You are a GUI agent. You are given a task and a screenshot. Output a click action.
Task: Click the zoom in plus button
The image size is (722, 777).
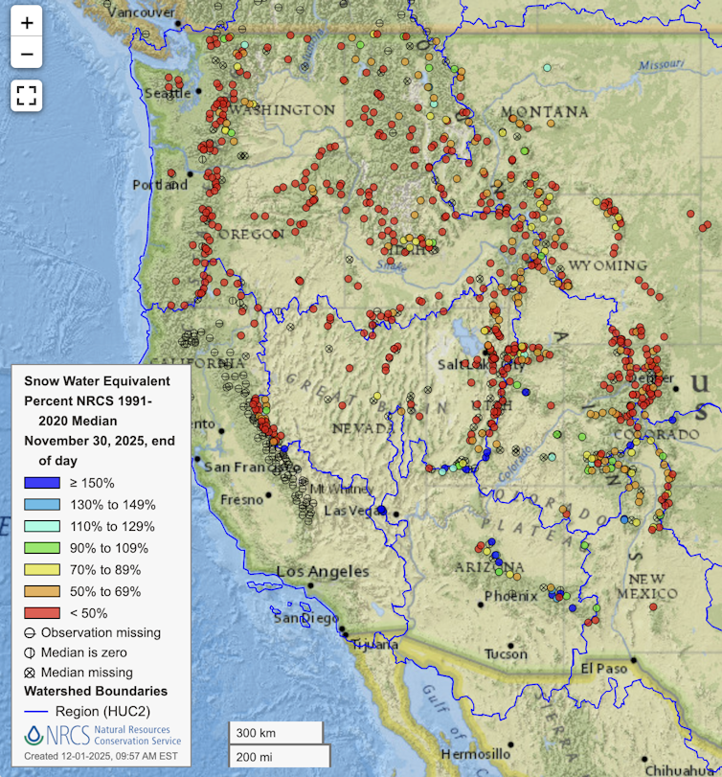coord(27,22)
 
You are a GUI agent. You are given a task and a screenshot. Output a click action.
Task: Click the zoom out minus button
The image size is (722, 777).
coord(27,54)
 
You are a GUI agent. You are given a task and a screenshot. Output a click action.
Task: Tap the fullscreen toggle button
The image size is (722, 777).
coord(27,94)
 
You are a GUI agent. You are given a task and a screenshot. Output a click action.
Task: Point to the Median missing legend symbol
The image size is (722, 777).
coord(31,672)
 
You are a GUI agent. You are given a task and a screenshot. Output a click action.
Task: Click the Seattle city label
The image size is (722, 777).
coord(168,93)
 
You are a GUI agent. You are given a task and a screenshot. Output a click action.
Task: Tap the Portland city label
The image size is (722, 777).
coord(160,184)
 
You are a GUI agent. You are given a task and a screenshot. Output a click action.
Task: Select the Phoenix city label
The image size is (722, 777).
coord(510,596)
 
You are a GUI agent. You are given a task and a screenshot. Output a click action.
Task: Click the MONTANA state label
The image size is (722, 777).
coord(544,112)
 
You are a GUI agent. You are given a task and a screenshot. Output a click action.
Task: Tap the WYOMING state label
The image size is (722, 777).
coord(607,264)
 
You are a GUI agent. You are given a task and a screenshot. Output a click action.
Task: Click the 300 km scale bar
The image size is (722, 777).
coord(276,733)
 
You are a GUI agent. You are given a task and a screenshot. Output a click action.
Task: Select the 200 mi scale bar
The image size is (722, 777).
coord(276,757)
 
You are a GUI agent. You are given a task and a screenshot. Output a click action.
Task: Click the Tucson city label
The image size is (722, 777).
coord(505,654)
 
